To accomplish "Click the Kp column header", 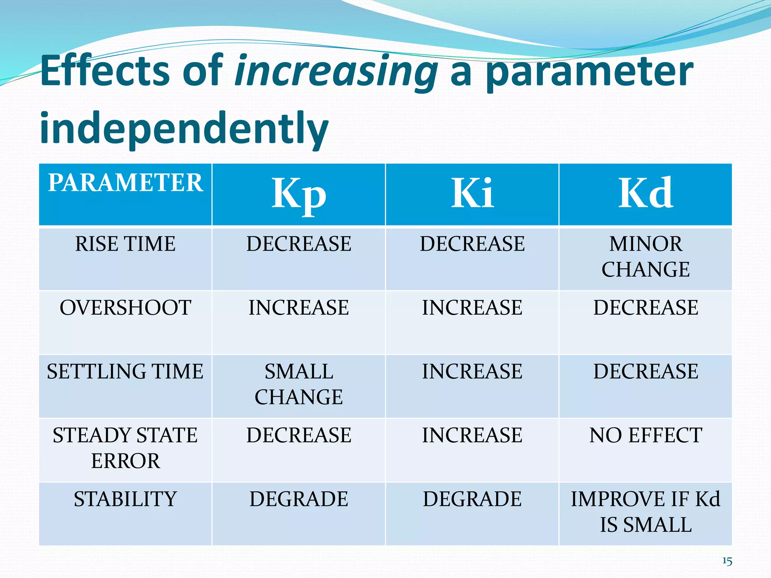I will pyautogui.click(x=299, y=193).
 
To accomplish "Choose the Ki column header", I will pyautogui.click(x=472, y=193).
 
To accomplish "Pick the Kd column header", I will pyautogui.click(x=646, y=193).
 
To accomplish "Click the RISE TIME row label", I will pyautogui.click(x=125, y=244).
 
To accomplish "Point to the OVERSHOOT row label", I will pyautogui.click(x=125, y=307).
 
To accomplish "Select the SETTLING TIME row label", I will pyautogui.click(x=125, y=371).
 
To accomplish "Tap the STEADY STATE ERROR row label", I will pyautogui.click(x=125, y=448).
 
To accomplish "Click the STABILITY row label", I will pyautogui.click(x=125, y=499).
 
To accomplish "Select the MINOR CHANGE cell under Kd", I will pyautogui.click(x=646, y=257).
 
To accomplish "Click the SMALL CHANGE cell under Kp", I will pyautogui.click(x=299, y=384).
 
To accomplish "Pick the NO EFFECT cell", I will pyautogui.click(x=646, y=435).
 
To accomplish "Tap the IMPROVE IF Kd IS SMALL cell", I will pyautogui.click(x=646, y=512).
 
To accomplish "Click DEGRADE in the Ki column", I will pyautogui.click(x=472, y=499).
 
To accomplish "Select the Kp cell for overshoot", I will pyautogui.click(x=299, y=307).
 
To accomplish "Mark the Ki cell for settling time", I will pyautogui.click(x=472, y=371).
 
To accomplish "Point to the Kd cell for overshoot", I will pyautogui.click(x=646, y=307).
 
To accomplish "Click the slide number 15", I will pyautogui.click(x=727, y=561).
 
